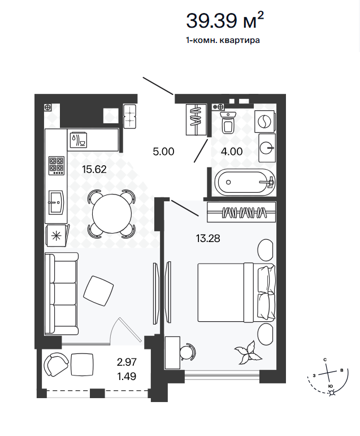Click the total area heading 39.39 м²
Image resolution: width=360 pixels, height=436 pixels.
224,20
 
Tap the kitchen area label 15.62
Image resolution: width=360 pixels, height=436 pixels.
94,169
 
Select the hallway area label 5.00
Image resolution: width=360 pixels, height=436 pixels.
163,152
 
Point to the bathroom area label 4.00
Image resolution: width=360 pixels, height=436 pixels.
232,152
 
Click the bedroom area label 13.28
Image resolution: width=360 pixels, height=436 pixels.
208,238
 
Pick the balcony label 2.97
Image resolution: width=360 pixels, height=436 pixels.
127,362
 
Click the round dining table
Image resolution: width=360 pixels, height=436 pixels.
112,214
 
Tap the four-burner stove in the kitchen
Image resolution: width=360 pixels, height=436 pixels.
57,166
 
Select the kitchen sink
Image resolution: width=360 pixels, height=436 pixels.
57,202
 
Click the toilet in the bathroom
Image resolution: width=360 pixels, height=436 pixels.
228,122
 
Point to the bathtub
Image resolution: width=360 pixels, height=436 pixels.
243,183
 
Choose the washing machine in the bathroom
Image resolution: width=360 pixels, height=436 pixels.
265,121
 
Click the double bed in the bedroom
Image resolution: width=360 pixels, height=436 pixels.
237,292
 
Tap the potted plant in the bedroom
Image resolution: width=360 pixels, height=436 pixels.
248,352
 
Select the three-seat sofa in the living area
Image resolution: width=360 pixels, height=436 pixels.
62,293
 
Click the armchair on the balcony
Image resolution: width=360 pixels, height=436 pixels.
55,364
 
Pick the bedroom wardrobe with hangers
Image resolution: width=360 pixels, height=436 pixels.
241,212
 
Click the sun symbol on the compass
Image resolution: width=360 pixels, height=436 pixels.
332,392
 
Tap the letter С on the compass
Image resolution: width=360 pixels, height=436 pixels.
325,360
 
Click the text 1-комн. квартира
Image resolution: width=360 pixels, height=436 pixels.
223,40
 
